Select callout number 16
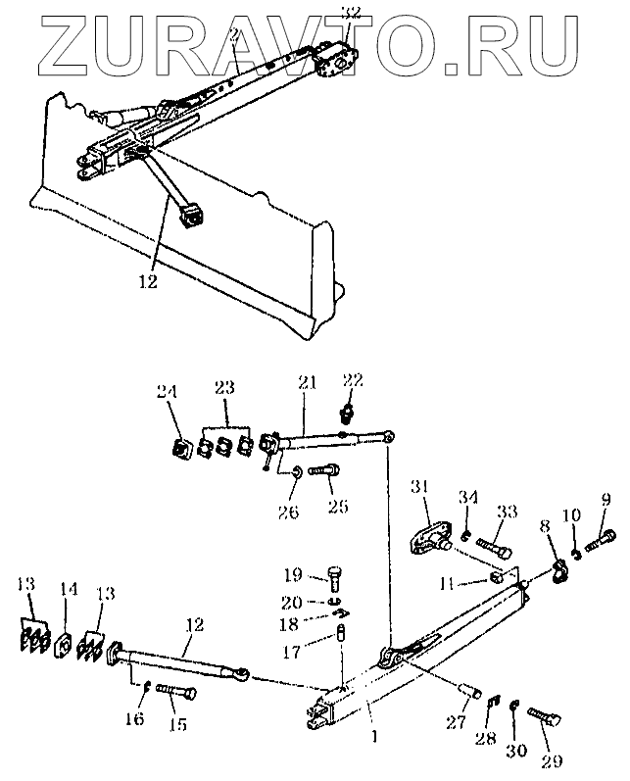[136, 719]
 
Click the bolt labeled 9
[602, 536]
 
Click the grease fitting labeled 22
[347, 407]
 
